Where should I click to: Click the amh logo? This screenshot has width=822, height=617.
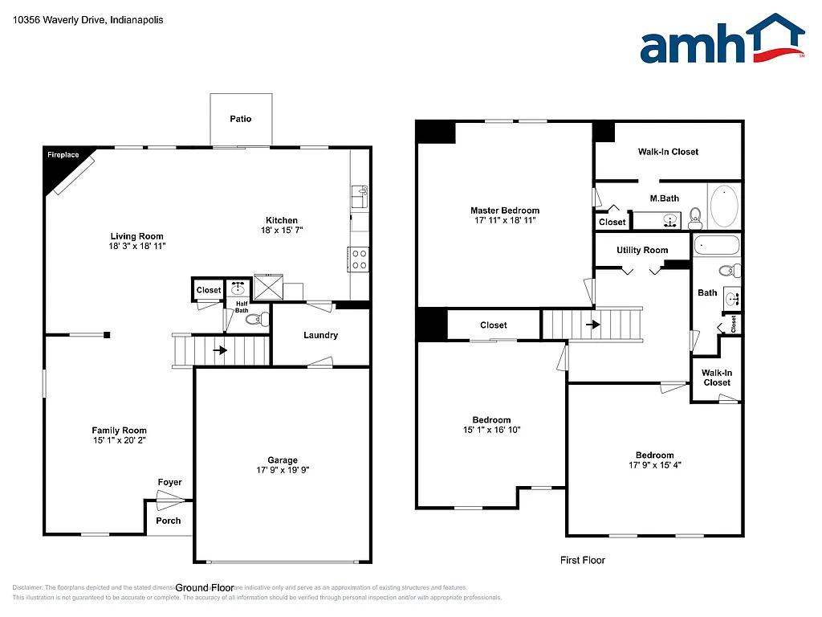(x=722, y=39)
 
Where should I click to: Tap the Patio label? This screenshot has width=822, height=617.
(x=241, y=119)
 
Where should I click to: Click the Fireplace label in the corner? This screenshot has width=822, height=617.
(x=63, y=154)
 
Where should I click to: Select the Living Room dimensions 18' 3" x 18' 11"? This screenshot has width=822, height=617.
(x=137, y=247)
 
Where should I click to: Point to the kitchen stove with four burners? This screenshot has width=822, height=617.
(x=358, y=259)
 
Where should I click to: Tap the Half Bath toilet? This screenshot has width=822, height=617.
(x=254, y=319)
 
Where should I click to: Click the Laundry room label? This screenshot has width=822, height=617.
(x=320, y=335)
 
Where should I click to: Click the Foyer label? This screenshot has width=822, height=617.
(x=169, y=482)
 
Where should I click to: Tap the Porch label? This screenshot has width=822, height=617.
(x=168, y=521)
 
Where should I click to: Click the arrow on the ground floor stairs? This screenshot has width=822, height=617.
(x=218, y=350)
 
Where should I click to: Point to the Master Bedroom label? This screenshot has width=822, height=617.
(x=505, y=210)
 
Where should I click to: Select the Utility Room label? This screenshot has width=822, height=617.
(x=642, y=250)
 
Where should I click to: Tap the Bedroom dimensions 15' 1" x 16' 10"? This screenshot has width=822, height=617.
(x=491, y=430)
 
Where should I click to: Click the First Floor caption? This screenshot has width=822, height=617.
(x=583, y=560)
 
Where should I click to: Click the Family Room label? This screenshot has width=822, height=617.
(x=119, y=431)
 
